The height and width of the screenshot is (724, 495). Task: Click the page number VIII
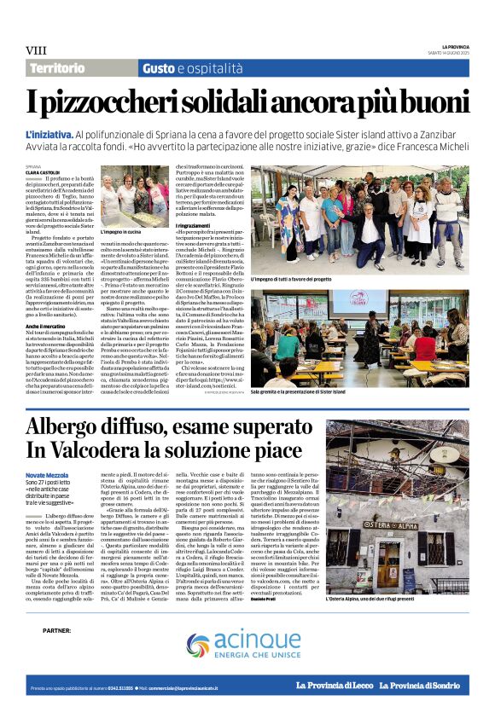coord(36,50)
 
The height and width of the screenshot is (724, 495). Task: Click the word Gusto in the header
coord(158,67)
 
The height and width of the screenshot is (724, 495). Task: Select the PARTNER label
coord(56,631)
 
